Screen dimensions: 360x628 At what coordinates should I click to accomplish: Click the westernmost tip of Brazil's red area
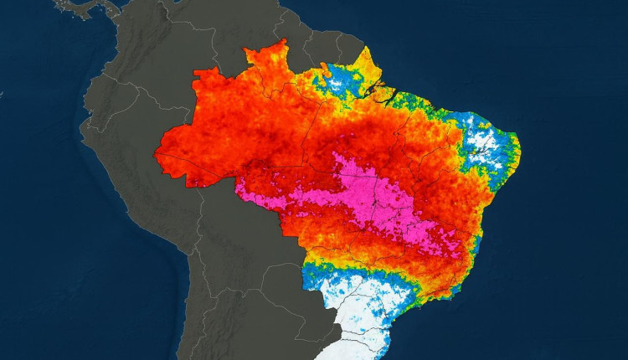click(156, 152)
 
